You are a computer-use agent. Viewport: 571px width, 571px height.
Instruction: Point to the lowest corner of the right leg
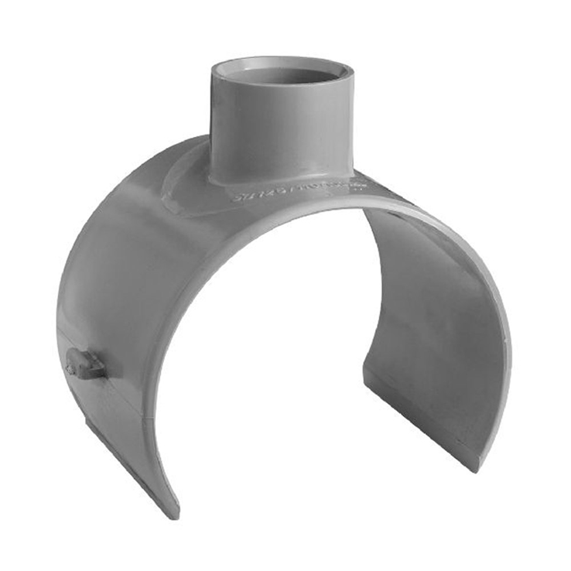474,467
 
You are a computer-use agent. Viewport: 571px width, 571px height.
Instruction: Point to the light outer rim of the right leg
495,325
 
